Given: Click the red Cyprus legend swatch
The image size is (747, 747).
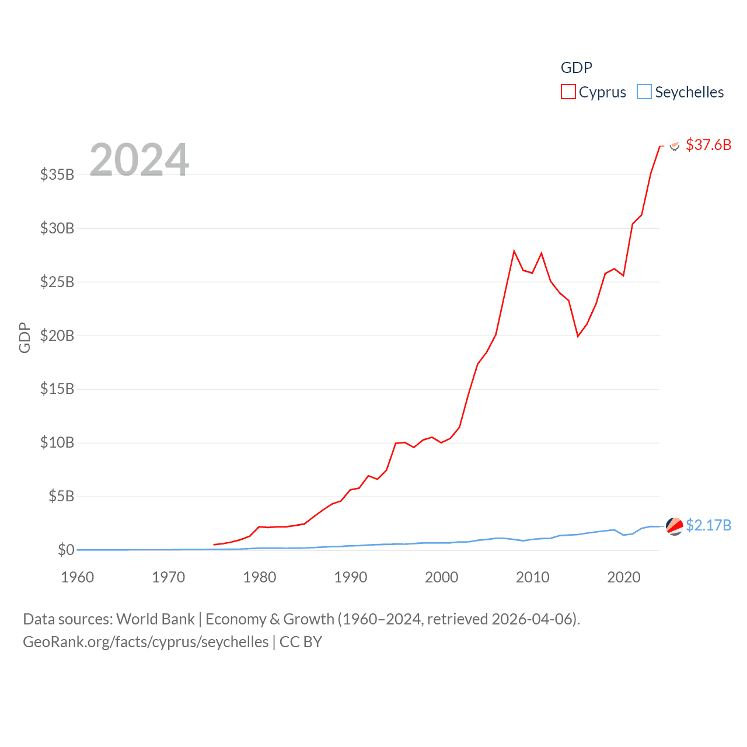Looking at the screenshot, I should pos(568,92).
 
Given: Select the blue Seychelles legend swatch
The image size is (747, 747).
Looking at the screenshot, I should pos(644,92).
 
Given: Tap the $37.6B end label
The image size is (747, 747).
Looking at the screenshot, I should pos(708,145).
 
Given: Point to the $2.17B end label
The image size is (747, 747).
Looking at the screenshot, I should pos(708,525).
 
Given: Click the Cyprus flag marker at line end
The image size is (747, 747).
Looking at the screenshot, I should pos(675,145).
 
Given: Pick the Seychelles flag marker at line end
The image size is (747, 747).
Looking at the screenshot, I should pos(675,526).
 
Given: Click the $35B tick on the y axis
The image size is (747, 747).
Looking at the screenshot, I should pos(57,174).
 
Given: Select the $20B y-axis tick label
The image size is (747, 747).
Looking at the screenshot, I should pos(57,336).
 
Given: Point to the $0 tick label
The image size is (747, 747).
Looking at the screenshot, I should pos(66,550).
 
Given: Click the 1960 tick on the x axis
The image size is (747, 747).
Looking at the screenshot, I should pos(78,577).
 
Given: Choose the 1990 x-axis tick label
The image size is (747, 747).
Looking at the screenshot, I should pos(351,577).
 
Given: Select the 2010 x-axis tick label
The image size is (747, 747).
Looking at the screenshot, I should pos(533,577).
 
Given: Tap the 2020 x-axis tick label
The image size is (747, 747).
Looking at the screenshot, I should pos(624,577).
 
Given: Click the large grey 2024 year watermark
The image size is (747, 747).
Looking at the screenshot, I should pos(139,159).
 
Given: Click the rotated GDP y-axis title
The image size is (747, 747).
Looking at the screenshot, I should pos(25,337).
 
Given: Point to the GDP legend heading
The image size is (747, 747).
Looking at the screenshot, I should pos(576,68).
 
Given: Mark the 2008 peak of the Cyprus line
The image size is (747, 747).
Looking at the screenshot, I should pos(514,252).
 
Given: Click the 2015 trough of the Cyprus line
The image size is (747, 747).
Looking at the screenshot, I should pos(578,336).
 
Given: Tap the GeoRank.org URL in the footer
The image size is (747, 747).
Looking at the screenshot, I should pos(146,642).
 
